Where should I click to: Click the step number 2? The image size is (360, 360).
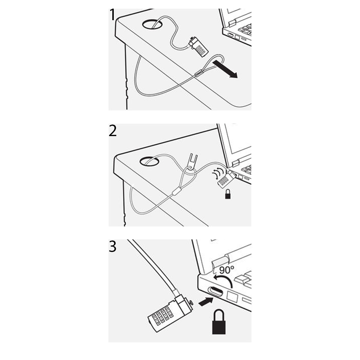click(113, 131)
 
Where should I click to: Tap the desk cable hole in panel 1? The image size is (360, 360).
click(152, 24)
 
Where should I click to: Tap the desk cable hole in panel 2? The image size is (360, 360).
click(149, 161)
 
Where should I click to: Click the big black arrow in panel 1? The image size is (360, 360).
click(225, 69)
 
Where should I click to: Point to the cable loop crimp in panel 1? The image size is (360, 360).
click(199, 73)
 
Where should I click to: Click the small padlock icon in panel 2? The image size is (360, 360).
click(228, 194)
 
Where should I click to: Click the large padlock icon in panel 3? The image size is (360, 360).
click(219, 322)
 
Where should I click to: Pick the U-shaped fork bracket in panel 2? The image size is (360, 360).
click(192, 162)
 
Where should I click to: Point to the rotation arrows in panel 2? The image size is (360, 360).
click(218, 174)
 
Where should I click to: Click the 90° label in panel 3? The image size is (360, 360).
click(226, 270)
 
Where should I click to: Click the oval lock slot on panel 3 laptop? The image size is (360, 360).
click(215, 292)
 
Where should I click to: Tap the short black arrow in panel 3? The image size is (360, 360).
click(206, 301)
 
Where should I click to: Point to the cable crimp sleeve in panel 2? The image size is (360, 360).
click(176, 191)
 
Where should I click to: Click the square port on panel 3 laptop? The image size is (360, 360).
click(232, 297)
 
